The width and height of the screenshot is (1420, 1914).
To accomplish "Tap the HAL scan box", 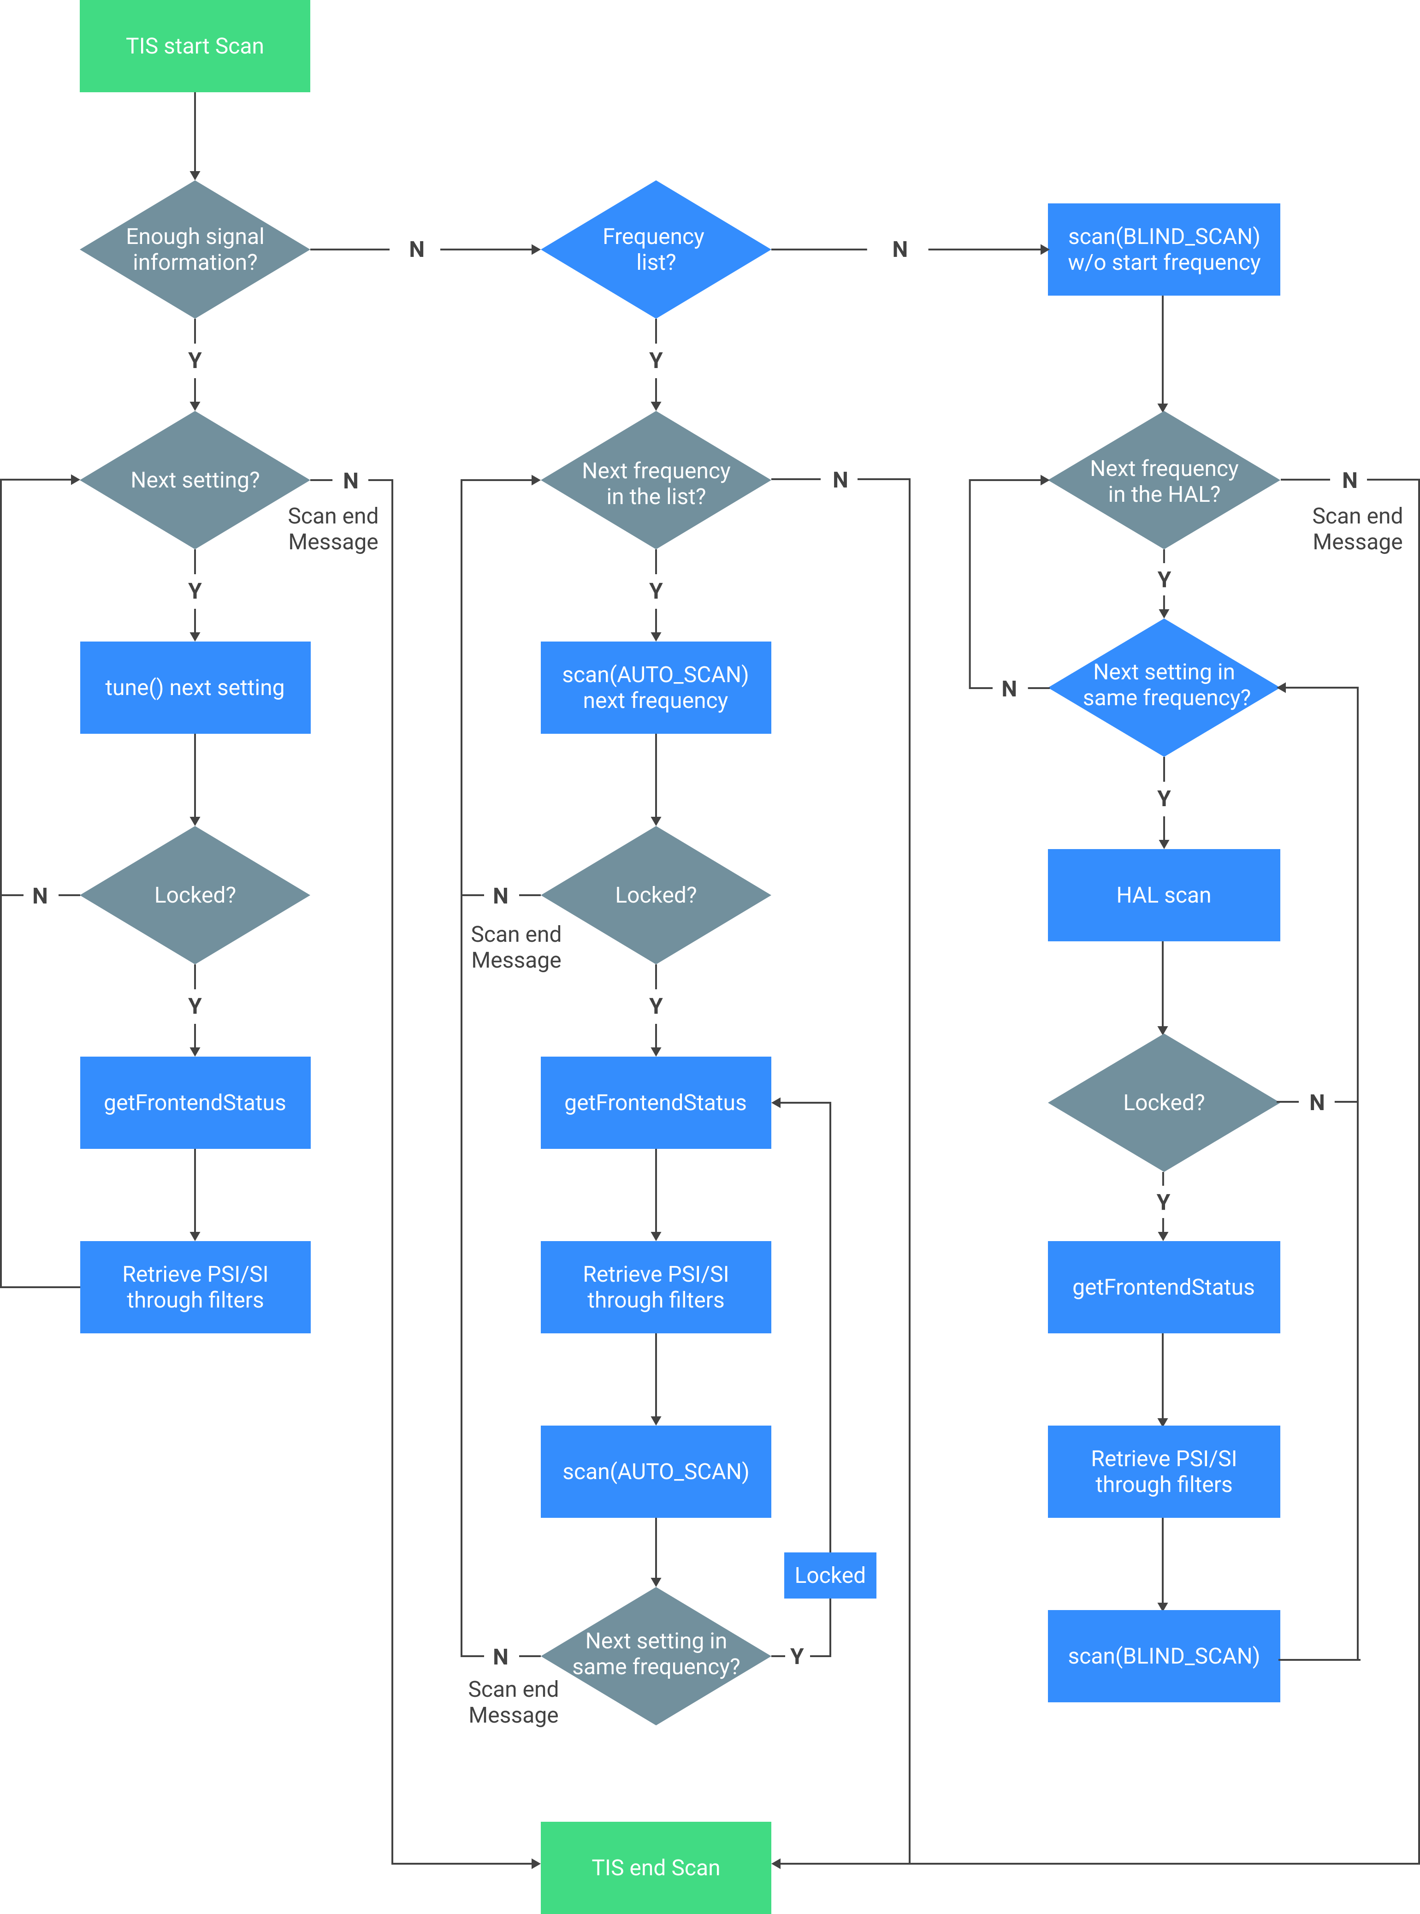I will pyautogui.click(x=1163, y=895).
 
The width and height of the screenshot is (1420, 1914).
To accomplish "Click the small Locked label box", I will pyautogui.click(x=829, y=1575).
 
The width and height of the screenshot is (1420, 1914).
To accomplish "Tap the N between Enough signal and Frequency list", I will pyautogui.click(x=417, y=250).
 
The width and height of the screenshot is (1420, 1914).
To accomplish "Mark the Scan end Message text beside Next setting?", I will pyautogui.click(x=333, y=529).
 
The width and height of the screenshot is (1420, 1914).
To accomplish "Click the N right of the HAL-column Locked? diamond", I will pyautogui.click(x=1316, y=1102).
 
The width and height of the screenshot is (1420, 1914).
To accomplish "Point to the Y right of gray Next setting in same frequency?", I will pyautogui.click(x=797, y=1656).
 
